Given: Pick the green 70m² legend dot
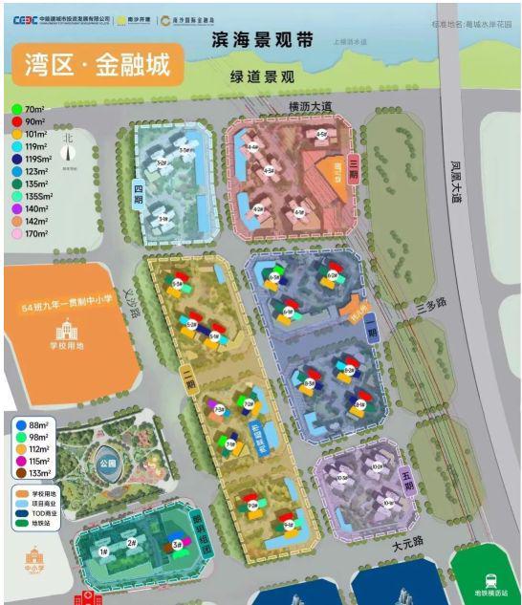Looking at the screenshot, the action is (x=17, y=108).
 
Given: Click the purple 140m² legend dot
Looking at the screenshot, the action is (x=17, y=206).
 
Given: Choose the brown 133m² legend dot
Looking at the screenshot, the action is (x=19, y=471).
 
